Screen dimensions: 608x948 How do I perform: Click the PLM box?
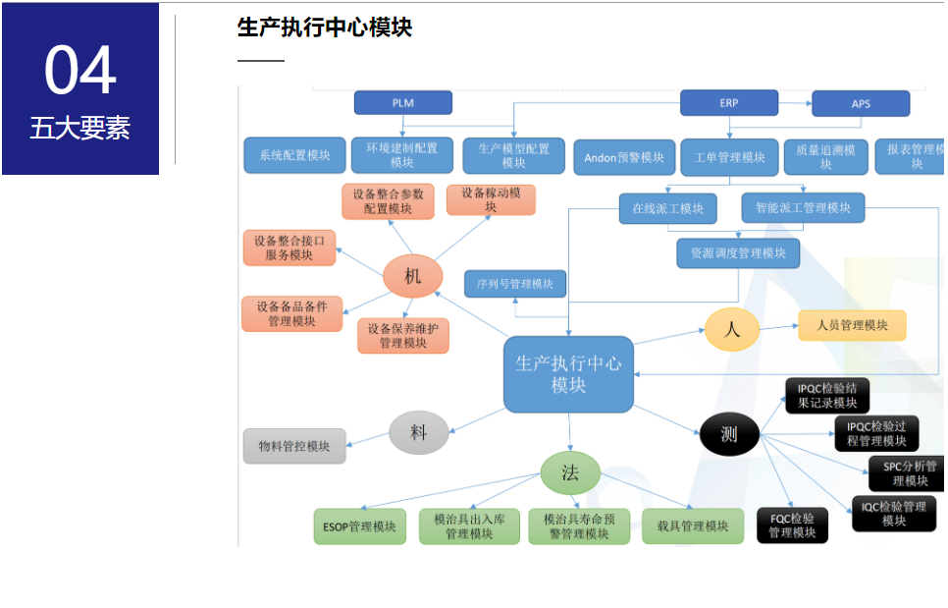(x=402, y=102)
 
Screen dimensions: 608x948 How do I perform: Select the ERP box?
(x=728, y=102)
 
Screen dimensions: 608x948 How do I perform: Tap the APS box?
(x=860, y=103)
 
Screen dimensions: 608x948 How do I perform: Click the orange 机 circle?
(x=412, y=276)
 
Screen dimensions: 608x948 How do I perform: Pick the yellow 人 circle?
(x=731, y=330)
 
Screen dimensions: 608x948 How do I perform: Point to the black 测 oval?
(x=729, y=434)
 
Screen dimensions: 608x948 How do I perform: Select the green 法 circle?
(x=569, y=472)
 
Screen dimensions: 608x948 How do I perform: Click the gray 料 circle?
(x=418, y=432)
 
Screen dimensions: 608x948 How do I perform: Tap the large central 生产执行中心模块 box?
(x=568, y=374)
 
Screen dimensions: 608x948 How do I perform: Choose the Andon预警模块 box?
(x=624, y=157)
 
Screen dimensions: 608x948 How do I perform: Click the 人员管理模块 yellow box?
(x=851, y=325)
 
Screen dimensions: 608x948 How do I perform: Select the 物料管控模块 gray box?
(x=294, y=446)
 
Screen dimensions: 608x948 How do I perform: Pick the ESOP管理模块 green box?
(x=359, y=526)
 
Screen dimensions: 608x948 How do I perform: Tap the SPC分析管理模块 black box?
(x=908, y=473)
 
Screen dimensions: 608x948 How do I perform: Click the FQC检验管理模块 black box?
(x=792, y=525)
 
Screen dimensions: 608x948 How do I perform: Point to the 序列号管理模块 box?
(x=515, y=284)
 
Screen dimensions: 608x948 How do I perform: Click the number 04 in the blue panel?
(x=80, y=71)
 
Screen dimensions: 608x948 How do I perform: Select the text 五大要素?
(x=79, y=129)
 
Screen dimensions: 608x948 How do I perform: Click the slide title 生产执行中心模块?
(x=324, y=28)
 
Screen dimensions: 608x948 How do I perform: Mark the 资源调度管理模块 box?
(x=738, y=253)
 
